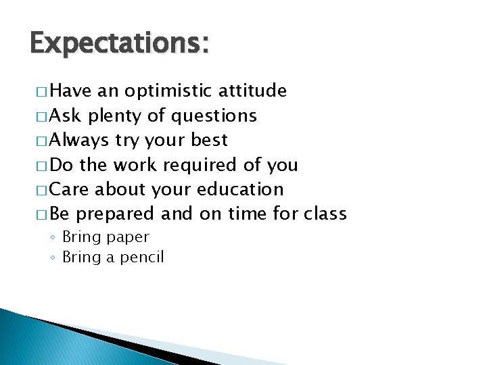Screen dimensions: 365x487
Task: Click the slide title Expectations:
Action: click(x=120, y=44)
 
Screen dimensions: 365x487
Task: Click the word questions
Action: click(x=214, y=116)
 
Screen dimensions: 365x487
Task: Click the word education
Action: click(x=240, y=190)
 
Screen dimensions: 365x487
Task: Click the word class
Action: click(x=325, y=214)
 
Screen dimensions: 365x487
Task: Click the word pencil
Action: click(x=143, y=258)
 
